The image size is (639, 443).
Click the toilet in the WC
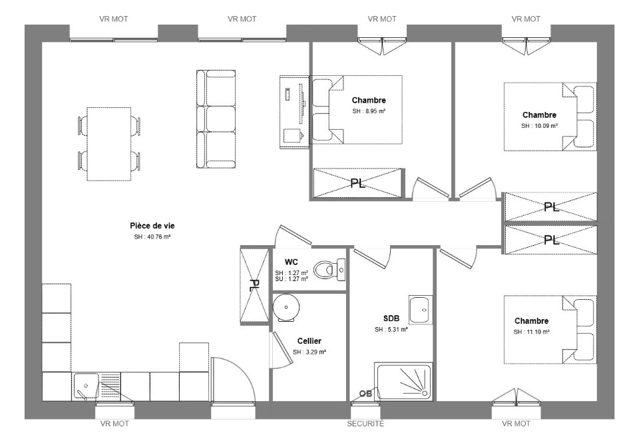(x=325, y=269)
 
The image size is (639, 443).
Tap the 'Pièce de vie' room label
(x=152, y=226)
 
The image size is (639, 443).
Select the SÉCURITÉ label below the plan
(x=365, y=424)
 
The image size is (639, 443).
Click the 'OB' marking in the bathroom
(x=365, y=394)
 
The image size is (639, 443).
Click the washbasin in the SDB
(x=421, y=310)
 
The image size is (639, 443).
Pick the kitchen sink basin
(x=86, y=386)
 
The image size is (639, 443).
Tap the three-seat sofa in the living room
(x=216, y=119)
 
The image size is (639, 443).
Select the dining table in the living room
(x=108, y=144)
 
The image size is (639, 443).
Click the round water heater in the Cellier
(x=286, y=308)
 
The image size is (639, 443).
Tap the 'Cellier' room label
(x=310, y=341)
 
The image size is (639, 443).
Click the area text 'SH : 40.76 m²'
(x=152, y=236)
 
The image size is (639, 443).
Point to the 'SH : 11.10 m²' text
(x=531, y=332)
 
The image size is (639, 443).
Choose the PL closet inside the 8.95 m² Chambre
(x=357, y=183)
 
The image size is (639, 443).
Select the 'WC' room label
(x=292, y=262)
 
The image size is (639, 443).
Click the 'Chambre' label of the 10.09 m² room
(x=539, y=115)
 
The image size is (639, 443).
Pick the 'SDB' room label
(x=391, y=318)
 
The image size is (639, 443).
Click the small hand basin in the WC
(x=341, y=270)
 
